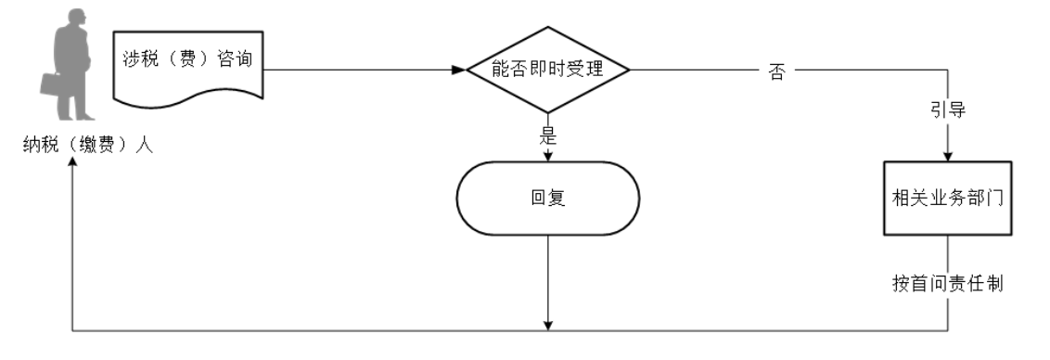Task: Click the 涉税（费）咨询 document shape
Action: click(187, 65)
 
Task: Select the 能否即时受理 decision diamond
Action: click(548, 70)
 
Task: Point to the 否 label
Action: click(776, 71)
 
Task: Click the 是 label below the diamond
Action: click(547, 135)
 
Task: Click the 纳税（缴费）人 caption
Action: click(88, 146)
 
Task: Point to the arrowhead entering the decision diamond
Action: click(458, 70)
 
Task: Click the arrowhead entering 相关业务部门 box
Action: click(947, 158)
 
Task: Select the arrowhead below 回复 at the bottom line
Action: click(548, 324)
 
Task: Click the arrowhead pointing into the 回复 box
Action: click(548, 156)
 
